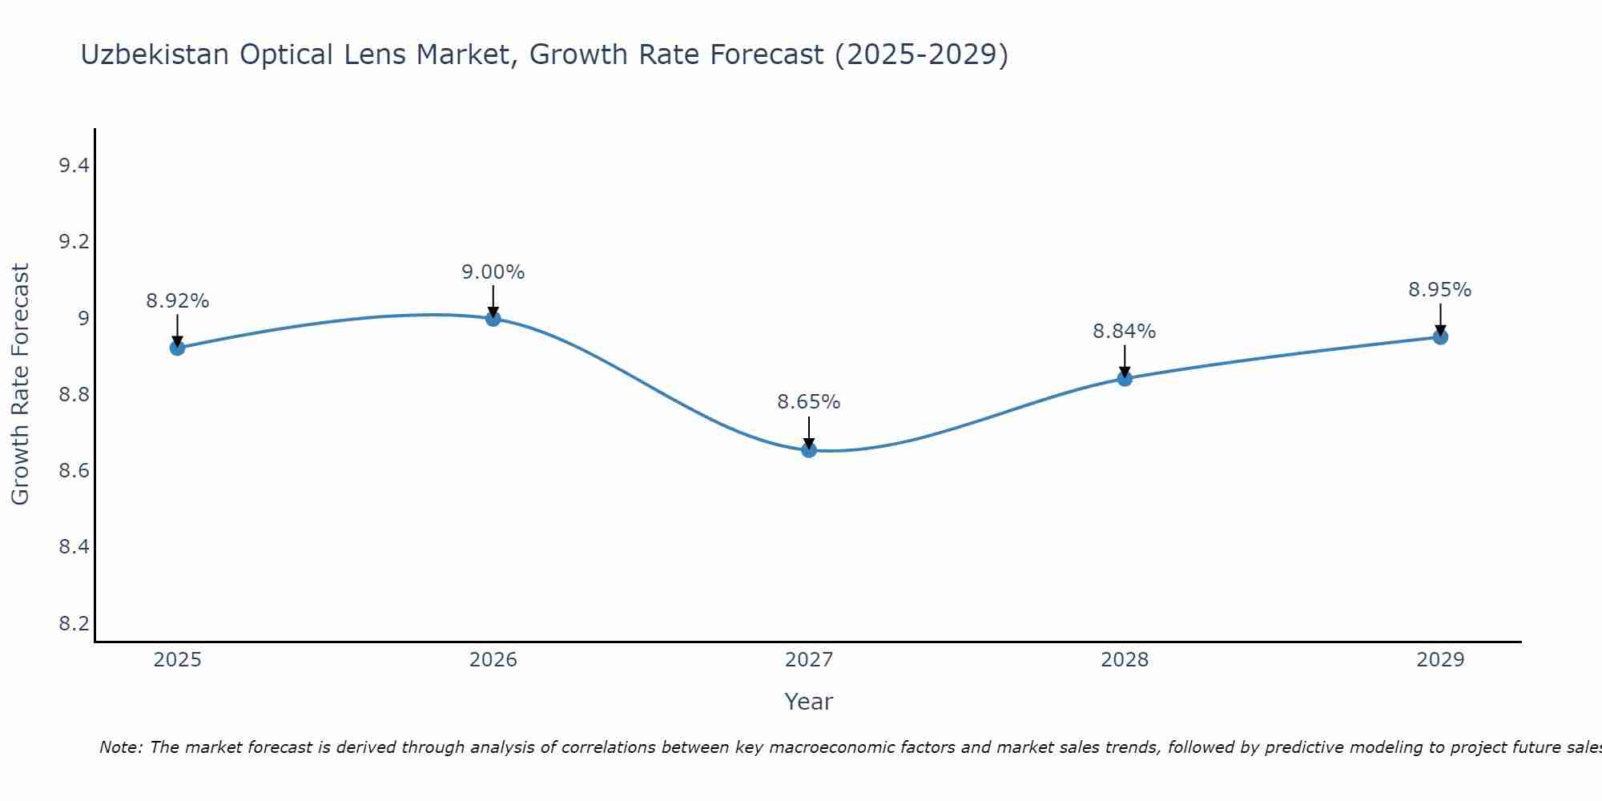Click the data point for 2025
[177, 348]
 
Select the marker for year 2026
[493, 319]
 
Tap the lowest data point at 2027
[809, 450]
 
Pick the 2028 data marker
[1125, 378]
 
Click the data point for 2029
[1440, 337]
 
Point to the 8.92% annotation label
[177, 301]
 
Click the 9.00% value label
[493, 272]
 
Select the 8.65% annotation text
[809, 402]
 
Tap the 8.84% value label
[1125, 331]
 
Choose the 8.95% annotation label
[1440, 290]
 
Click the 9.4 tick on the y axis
[74, 166]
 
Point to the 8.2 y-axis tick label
[74, 623]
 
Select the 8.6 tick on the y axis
[74, 470]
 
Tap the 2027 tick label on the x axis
[809, 660]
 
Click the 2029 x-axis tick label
[1440, 660]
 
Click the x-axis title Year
[809, 702]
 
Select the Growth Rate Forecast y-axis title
[20, 384]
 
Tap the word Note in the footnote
[120, 747]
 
